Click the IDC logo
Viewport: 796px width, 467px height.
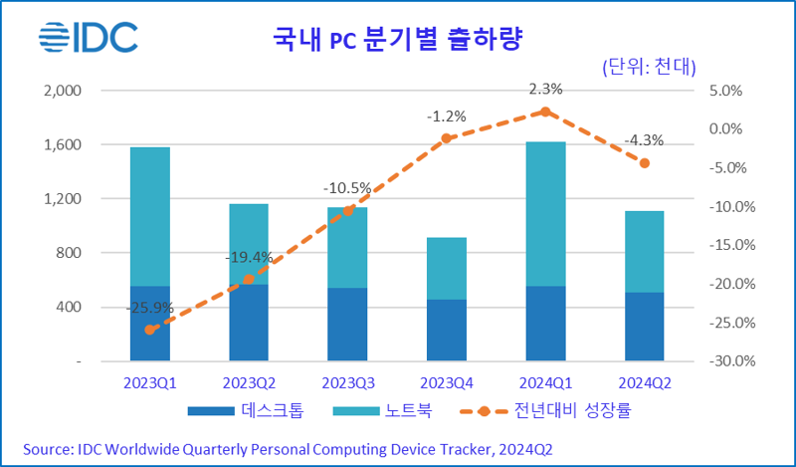(x=89, y=39)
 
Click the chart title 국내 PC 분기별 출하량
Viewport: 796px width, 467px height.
(x=398, y=40)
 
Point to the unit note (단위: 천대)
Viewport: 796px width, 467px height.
(x=649, y=67)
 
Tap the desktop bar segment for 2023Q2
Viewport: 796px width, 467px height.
(x=248, y=323)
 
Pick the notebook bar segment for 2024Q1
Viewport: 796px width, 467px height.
(x=544, y=214)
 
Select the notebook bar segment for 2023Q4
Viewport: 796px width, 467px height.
(x=446, y=268)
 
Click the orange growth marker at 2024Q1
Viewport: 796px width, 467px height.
(x=544, y=112)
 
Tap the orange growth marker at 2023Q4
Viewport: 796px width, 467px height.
(x=446, y=138)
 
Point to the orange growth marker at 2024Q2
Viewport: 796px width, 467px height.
(x=644, y=162)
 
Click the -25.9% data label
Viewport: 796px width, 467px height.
(x=149, y=308)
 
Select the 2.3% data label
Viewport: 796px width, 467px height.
(x=544, y=89)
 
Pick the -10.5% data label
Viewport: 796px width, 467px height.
(x=347, y=187)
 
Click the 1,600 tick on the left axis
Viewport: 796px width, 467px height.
(x=62, y=144)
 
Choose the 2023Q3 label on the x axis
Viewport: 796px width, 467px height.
(x=347, y=383)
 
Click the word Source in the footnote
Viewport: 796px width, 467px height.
(x=50, y=449)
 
